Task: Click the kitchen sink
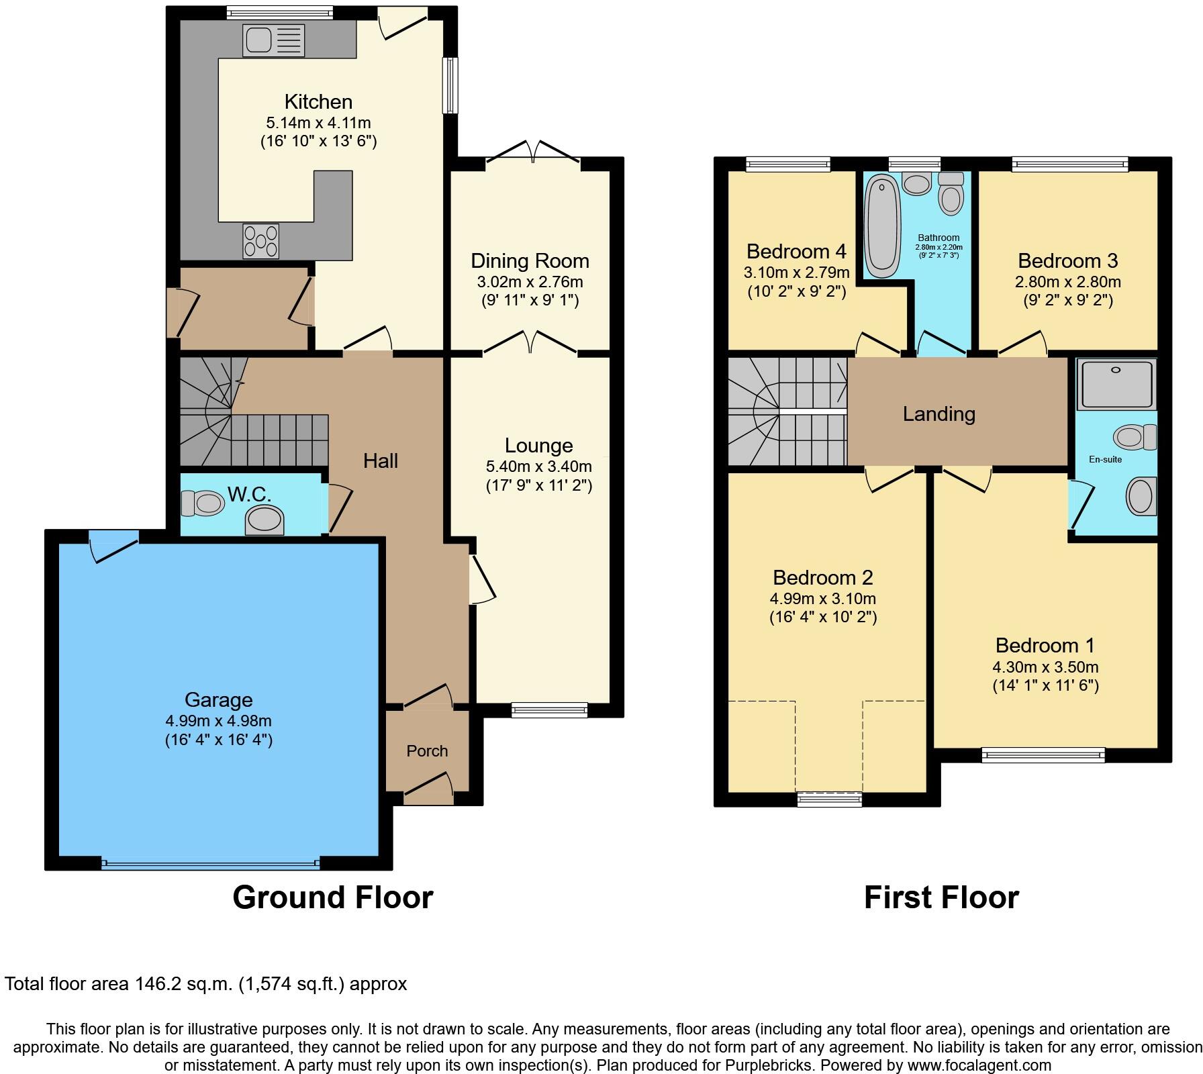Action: (x=273, y=41)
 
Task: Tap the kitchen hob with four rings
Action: (x=260, y=241)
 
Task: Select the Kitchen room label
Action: (x=318, y=102)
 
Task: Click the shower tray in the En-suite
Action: (x=1116, y=384)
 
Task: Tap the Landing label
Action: (x=939, y=414)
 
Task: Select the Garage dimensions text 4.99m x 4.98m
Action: (x=218, y=721)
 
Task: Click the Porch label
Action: (x=427, y=751)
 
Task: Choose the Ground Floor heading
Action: (x=332, y=897)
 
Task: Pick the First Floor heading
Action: (x=941, y=897)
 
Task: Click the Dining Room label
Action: (x=530, y=261)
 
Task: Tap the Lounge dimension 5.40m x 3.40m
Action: (x=538, y=467)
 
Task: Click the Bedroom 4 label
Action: (x=796, y=252)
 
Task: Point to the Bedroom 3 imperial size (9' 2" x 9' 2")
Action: (x=1067, y=301)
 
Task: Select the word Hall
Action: (x=381, y=461)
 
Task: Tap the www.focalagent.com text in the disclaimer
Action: (x=979, y=1065)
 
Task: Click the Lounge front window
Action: (x=549, y=710)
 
